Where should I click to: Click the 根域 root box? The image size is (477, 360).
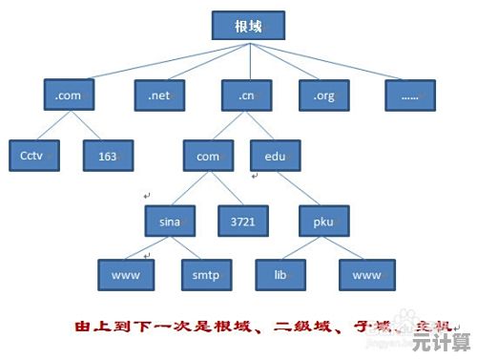click(247, 27)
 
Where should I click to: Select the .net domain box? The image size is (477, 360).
click(158, 95)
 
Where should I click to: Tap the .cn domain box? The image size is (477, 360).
click(247, 95)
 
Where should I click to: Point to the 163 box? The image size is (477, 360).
click(107, 154)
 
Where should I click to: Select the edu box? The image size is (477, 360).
click(276, 156)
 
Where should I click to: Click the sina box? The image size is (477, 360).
click(170, 222)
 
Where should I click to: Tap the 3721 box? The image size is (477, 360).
click(242, 222)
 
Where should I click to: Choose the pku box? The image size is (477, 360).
click(322, 222)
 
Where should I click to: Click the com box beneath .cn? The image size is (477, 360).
click(208, 156)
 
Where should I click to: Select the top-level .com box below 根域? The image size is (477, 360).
click(70, 95)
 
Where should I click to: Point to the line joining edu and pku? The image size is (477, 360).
click(300, 189)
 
